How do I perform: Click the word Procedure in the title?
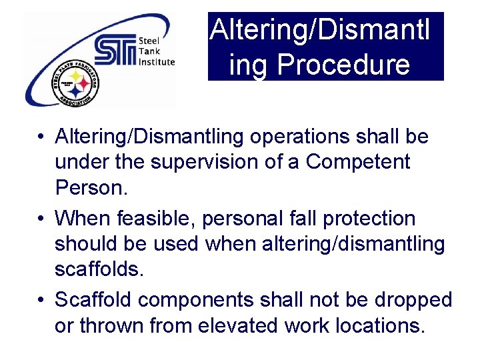click(352, 65)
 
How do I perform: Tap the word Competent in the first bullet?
click(358, 162)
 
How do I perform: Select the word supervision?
click(217, 162)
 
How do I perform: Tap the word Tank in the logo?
click(148, 51)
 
